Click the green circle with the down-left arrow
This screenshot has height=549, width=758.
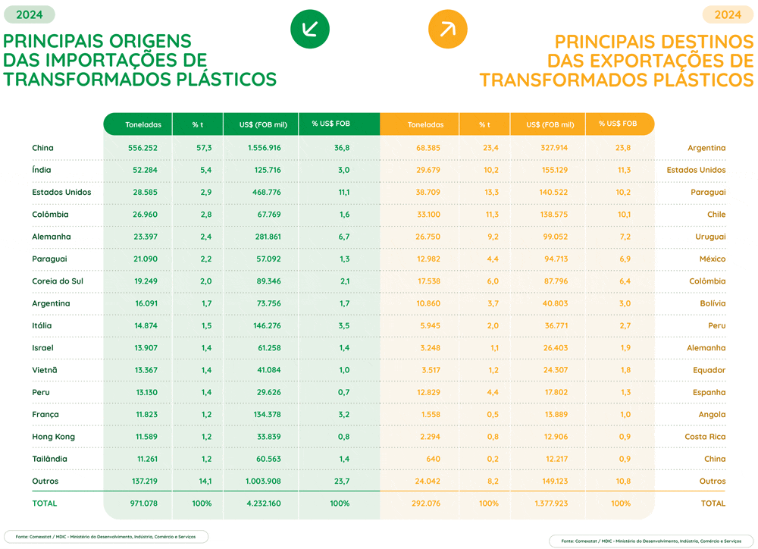coord(310,30)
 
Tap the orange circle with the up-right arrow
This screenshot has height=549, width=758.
coord(447,30)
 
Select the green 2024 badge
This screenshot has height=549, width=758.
coord(30,14)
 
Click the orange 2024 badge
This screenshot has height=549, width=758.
coord(728,14)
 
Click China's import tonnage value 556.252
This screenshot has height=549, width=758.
coord(143,148)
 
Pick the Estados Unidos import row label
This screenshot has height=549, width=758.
coord(61,193)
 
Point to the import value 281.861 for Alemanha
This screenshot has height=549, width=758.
coord(265,237)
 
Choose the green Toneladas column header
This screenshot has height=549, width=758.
coord(143,124)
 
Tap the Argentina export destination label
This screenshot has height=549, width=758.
coord(706,148)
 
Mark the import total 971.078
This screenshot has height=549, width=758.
coord(143,504)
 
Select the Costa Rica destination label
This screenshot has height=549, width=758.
coord(705,437)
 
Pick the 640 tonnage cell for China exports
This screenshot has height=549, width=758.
coord(433,459)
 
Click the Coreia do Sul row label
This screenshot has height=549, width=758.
coord(58,281)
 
